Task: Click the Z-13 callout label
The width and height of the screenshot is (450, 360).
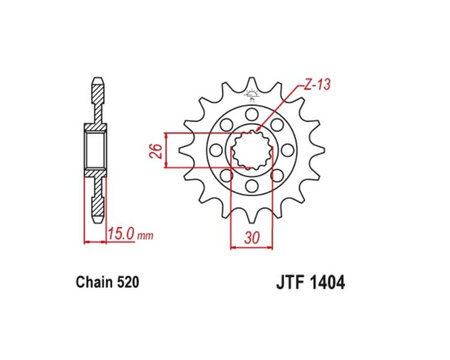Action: (x=316, y=89)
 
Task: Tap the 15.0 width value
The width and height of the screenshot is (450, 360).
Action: (x=120, y=236)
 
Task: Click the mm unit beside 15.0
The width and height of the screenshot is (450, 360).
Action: (x=146, y=237)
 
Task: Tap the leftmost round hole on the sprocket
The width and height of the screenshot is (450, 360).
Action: (x=213, y=152)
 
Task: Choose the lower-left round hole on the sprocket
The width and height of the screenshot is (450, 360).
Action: (x=224, y=180)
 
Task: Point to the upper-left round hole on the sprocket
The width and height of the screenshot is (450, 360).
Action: (x=223, y=126)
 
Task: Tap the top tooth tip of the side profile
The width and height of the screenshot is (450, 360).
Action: (x=97, y=77)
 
